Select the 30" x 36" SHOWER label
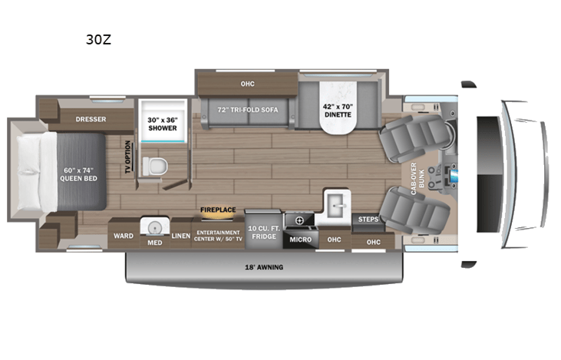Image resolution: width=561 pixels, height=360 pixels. point(162,123)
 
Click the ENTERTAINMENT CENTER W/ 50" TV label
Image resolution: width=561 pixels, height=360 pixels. point(217,236)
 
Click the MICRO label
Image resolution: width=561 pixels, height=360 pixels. point(299,239)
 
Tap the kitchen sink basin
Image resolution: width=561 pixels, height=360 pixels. point(336,205)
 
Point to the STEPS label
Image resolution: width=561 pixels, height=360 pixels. point(368,220)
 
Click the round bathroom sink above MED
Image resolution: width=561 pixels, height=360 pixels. point(153,227)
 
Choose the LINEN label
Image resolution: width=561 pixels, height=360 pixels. point(180,236)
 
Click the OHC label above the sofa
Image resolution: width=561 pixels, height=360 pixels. point(246,84)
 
